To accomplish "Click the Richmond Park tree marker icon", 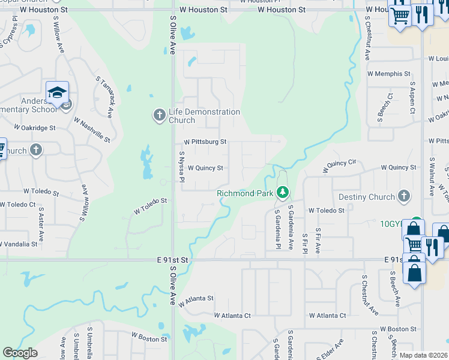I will pos(283,193).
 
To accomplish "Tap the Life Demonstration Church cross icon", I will pos(159,115).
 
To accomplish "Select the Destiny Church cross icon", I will pos(405,196).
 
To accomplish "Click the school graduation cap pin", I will pos(57,92).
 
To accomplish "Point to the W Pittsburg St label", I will pos(205,142).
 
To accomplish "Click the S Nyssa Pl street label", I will pos(181,166).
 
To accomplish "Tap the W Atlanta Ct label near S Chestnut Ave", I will pos(327,315).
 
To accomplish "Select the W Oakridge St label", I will pos(35,128).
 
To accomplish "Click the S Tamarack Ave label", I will pos(104,96).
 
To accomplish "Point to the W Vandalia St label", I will pos(18,244).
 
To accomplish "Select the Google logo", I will pos(20,352).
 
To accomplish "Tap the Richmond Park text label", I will pos(245,193).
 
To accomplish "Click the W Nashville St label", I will pos(92,130).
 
